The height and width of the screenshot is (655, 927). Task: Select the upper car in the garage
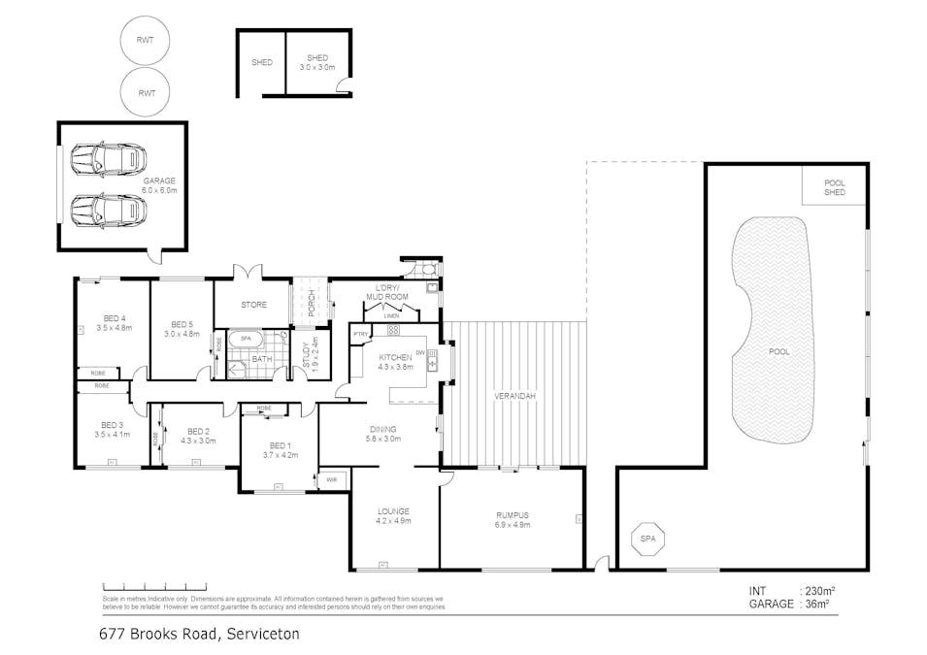[109, 159]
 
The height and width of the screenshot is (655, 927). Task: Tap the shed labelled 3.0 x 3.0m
[318, 63]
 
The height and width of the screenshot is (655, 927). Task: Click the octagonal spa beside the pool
[647, 540]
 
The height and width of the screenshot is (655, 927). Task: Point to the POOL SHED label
[834, 187]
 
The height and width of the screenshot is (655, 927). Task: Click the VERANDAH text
[515, 396]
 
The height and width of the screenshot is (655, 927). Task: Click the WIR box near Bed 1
[331, 478]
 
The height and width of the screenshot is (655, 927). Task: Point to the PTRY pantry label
[360, 335]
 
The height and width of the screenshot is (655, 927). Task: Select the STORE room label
[253, 305]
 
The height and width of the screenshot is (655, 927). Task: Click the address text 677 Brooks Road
[199, 634]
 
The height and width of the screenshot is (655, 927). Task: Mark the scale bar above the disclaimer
[154, 586]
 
